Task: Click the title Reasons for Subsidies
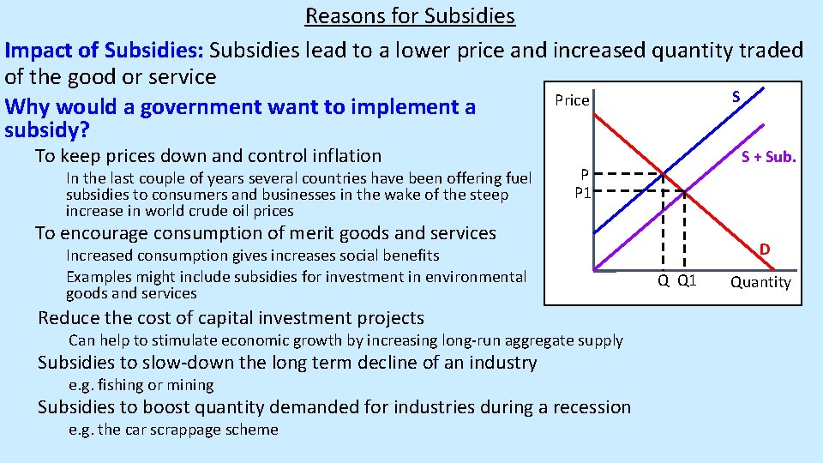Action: point(410,15)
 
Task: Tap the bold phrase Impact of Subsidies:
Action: point(104,50)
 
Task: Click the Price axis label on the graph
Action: point(572,100)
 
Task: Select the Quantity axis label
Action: point(760,282)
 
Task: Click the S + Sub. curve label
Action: point(768,156)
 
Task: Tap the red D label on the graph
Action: point(764,250)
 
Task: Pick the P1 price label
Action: point(583,193)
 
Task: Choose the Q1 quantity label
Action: point(687,281)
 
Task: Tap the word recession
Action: point(587,406)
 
